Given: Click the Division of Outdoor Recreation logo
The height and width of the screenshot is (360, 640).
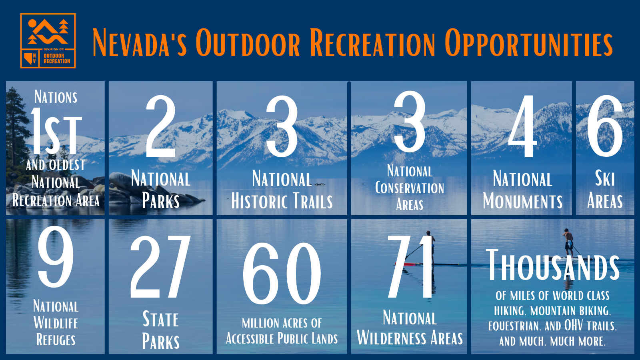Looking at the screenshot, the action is coord(48,40).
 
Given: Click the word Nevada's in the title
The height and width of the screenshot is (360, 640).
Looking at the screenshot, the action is coord(140,42).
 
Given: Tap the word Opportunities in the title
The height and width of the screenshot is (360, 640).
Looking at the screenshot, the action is coord(528,42).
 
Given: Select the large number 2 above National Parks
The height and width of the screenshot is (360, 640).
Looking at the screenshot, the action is coord(160,126).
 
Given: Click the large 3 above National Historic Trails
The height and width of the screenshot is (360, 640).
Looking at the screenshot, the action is coord(282,126).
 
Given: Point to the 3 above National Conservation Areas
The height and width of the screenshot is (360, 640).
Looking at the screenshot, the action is coord(410,122).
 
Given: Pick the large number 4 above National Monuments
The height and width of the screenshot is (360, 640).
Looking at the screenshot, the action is coord(522,126).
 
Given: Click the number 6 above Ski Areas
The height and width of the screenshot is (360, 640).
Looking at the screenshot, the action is coord(605,126).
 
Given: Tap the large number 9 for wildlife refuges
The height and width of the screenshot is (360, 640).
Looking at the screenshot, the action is coord(56,256).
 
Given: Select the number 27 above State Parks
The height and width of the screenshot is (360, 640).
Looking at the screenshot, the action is coord(160,266).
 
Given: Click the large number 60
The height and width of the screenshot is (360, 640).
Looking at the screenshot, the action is coord(282,274).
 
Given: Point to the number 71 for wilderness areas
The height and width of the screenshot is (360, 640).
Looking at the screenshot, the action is coord(410,266).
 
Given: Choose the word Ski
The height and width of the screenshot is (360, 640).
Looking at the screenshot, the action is coord(605,178).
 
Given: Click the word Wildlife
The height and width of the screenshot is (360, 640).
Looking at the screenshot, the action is coord(56,323).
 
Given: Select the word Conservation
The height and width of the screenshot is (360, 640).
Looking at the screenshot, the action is coord(410,188).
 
